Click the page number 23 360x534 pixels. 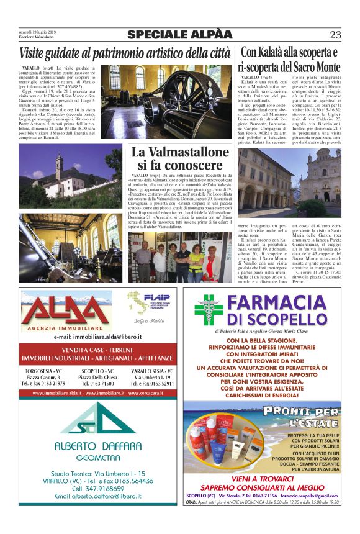coord(335,35)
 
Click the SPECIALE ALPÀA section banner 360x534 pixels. coord(180,35)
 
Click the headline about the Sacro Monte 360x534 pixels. coord(290,59)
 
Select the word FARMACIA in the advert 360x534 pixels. coord(279,304)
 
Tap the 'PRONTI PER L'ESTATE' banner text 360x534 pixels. coord(301,415)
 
